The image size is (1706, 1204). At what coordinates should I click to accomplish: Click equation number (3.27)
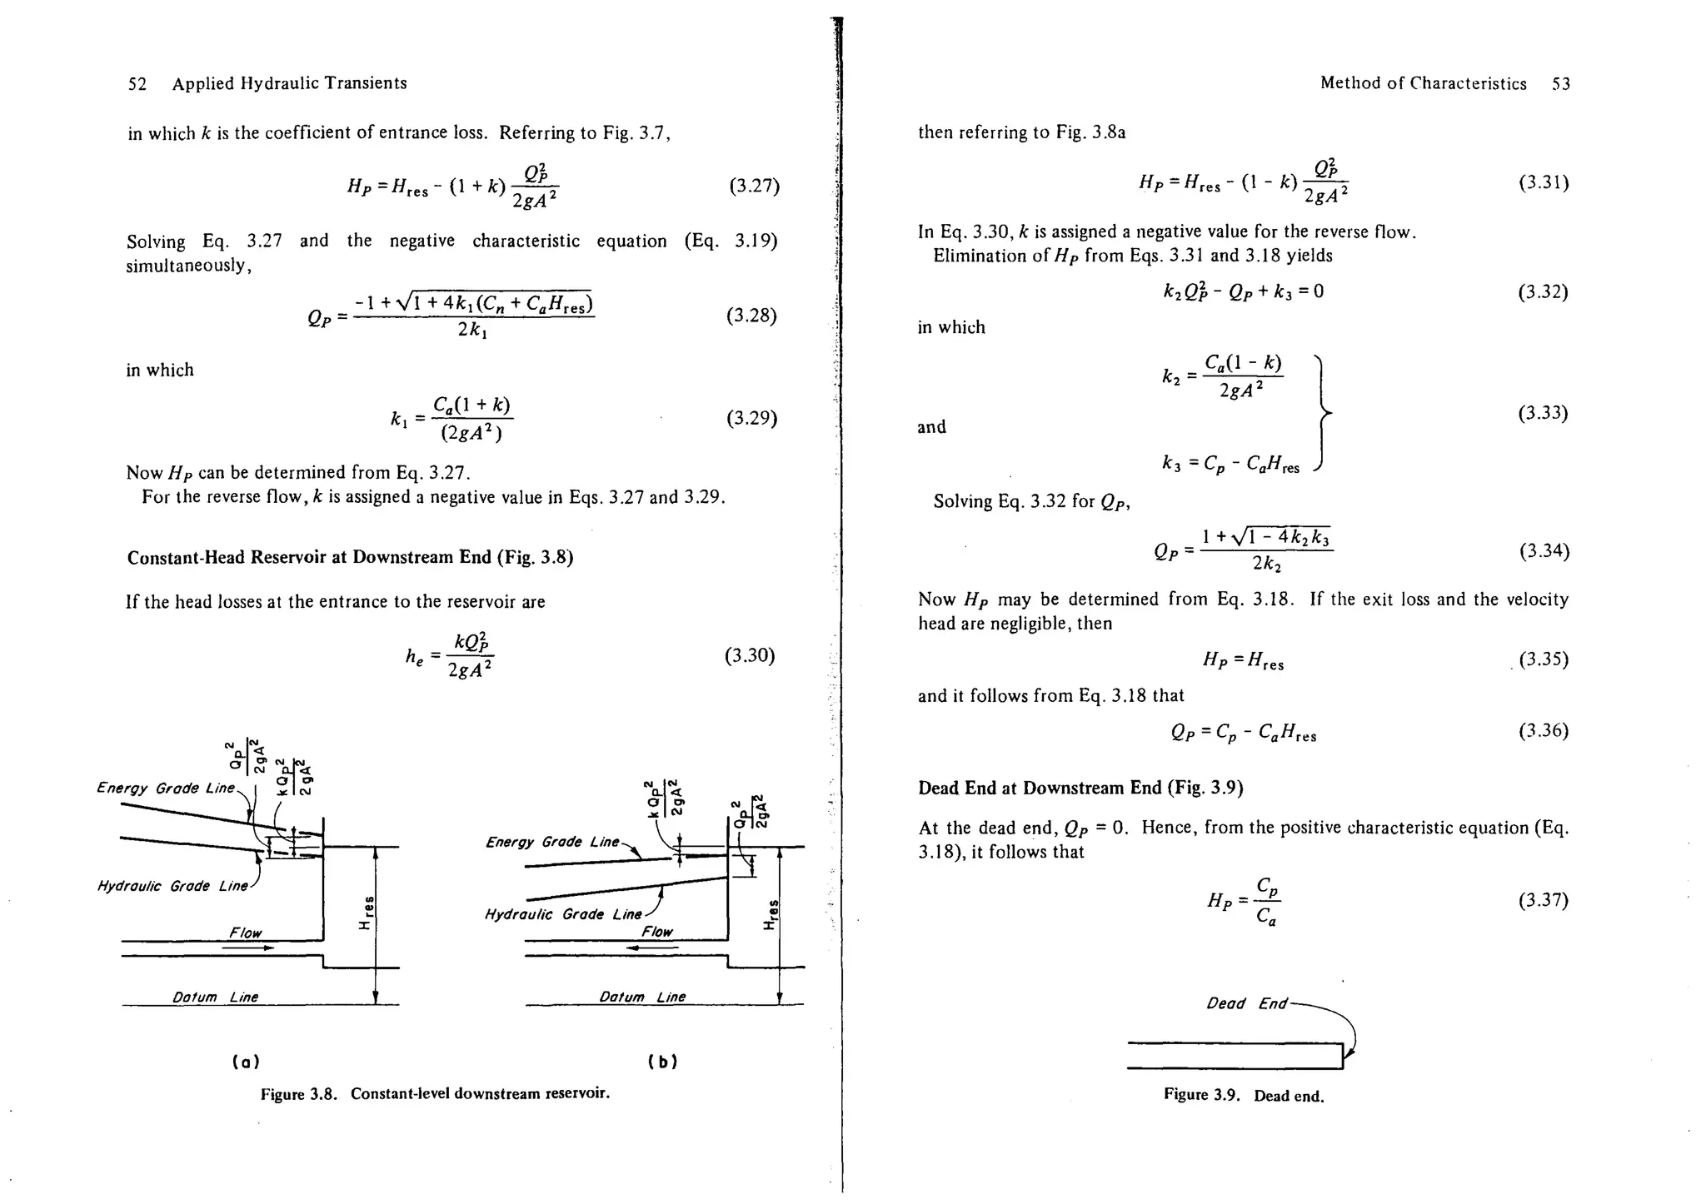754,186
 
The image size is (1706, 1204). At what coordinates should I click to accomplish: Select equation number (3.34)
1544,551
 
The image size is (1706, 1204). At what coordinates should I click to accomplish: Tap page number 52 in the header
137,84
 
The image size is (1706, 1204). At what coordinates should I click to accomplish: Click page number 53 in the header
1561,84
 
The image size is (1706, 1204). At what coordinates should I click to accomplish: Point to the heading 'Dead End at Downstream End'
1080,788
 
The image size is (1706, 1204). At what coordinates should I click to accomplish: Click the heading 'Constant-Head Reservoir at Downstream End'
350,557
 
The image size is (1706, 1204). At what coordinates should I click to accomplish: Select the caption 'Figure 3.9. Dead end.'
1244,1095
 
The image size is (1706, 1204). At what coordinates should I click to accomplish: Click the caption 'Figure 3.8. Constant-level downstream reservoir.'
435,1093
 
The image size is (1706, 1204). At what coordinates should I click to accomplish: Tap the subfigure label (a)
245,1062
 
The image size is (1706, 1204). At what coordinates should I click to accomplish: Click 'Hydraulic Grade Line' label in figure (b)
563,914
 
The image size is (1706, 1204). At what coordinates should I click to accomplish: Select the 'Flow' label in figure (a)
246,933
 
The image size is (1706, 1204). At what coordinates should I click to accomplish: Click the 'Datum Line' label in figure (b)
642,997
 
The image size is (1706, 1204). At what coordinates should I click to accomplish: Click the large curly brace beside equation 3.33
1321,412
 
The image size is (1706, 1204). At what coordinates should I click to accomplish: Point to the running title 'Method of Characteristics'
1423,84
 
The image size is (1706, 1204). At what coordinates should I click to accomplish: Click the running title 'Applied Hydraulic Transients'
289,84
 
